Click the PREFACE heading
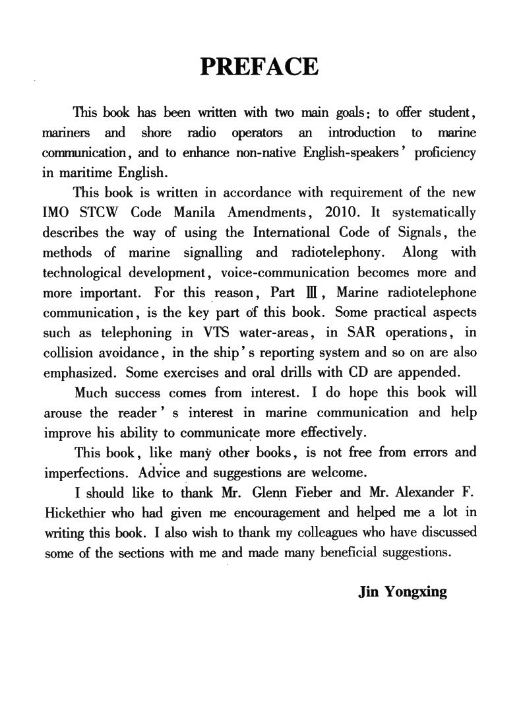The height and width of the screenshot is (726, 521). (x=259, y=67)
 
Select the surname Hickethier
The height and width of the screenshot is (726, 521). (x=72, y=512)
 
